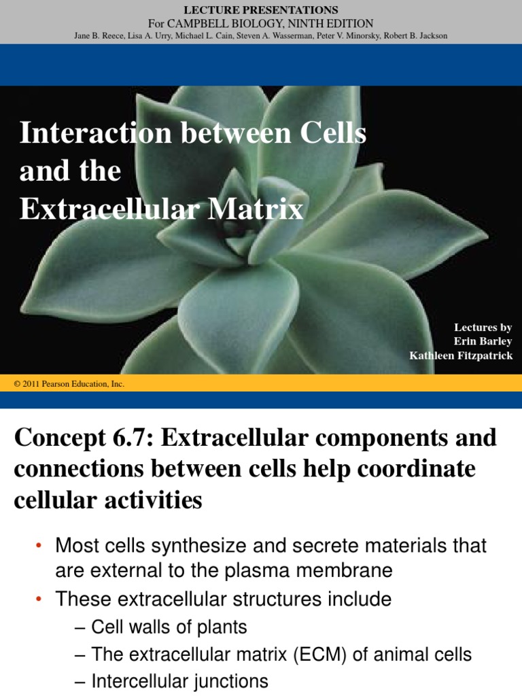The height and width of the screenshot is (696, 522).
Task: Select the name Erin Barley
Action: click(x=483, y=341)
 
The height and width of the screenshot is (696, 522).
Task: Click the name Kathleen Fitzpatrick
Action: click(x=461, y=355)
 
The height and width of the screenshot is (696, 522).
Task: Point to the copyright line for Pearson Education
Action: click(x=69, y=384)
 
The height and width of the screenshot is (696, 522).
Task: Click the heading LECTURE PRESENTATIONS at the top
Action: click(x=262, y=10)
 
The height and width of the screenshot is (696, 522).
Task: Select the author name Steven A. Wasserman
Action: click(x=281, y=36)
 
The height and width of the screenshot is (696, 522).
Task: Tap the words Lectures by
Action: click(x=483, y=328)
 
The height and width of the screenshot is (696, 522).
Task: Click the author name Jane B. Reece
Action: click(x=97, y=36)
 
